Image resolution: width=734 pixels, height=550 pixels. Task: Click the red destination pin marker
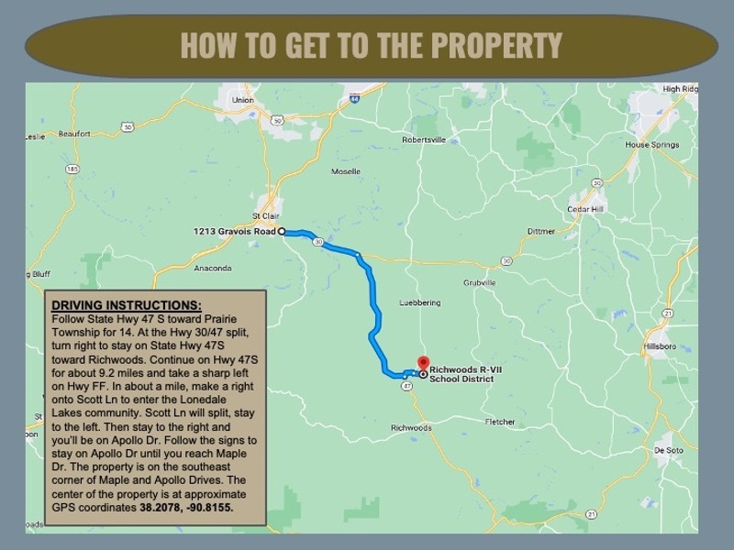point(423,362)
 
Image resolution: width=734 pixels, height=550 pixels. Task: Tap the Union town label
point(243,100)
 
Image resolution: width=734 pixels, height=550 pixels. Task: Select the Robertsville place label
point(423,140)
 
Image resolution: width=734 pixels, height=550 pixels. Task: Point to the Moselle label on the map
point(346,171)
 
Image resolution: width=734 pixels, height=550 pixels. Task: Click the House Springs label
point(651,145)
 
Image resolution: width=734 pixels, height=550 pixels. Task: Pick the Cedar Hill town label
point(585,209)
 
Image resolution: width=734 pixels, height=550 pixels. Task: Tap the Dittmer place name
point(541,231)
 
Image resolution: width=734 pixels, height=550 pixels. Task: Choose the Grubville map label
point(479,282)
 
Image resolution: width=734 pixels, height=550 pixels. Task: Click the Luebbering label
point(421,302)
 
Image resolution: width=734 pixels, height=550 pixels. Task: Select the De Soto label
point(668,451)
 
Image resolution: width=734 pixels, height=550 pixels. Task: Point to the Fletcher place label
point(500,422)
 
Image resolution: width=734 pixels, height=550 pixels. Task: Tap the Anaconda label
point(213,269)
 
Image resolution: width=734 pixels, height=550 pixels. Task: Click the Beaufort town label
point(74,134)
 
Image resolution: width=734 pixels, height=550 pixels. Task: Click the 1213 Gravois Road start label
point(235,231)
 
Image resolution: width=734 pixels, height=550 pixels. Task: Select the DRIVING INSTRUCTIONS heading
point(126,304)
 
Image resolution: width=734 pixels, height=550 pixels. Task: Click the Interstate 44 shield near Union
point(353,97)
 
